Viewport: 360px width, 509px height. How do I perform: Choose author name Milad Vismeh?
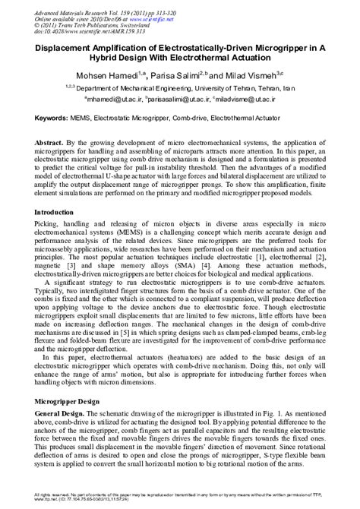pyautogui.click(x=253, y=76)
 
